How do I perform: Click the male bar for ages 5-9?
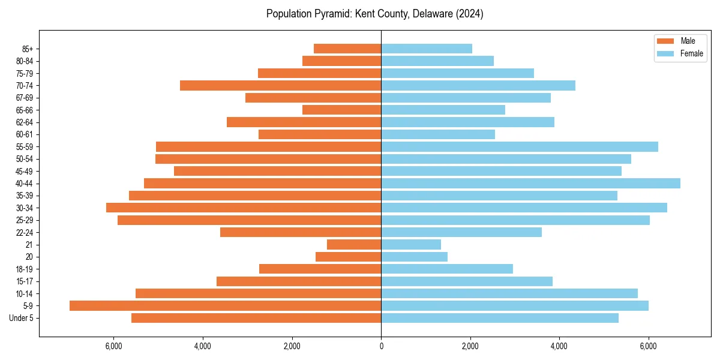pos(225,305)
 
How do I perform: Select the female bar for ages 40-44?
pos(530,183)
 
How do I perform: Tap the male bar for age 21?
pos(354,244)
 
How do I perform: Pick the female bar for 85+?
pos(427,49)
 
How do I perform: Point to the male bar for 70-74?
pos(280,85)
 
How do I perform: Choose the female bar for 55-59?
pos(520,146)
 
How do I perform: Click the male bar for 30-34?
pos(244,208)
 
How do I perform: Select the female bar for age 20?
pos(414,257)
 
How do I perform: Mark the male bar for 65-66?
pos(341,110)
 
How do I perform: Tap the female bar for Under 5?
pos(500,318)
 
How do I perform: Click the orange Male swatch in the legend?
pos(665,41)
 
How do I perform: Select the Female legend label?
pos(691,53)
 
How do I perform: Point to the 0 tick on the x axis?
pos(381,346)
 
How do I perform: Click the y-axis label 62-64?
pos(25,122)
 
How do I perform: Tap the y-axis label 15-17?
pos(25,281)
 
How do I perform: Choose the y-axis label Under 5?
pos(22,318)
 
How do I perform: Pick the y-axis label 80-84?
pos(25,61)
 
